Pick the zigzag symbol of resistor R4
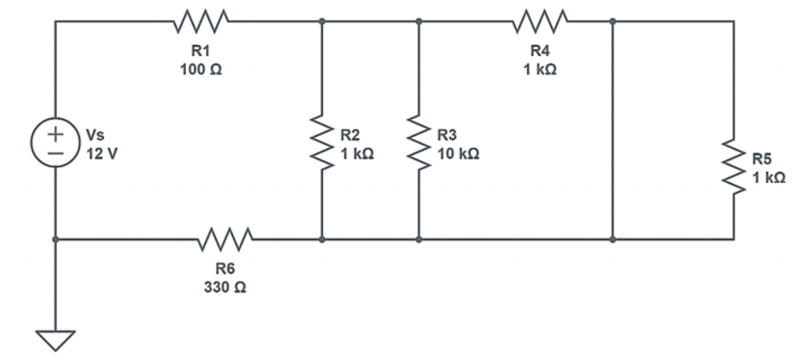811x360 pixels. (x=540, y=21)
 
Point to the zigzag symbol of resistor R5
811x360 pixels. (x=734, y=166)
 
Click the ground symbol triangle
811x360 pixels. (x=55, y=340)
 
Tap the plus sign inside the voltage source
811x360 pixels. (x=56, y=133)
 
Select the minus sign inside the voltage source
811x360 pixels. (x=56, y=152)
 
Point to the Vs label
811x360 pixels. (x=94, y=135)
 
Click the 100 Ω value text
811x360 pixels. (x=201, y=70)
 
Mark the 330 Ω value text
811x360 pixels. (x=225, y=289)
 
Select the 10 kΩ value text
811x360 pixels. (x=458, y=154)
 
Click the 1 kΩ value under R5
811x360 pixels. (x=769, y=178)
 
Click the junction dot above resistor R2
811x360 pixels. (x=321, y=21)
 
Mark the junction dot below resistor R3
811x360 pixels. (x=419, y=239)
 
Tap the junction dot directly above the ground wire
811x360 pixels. (x=55, y=239)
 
